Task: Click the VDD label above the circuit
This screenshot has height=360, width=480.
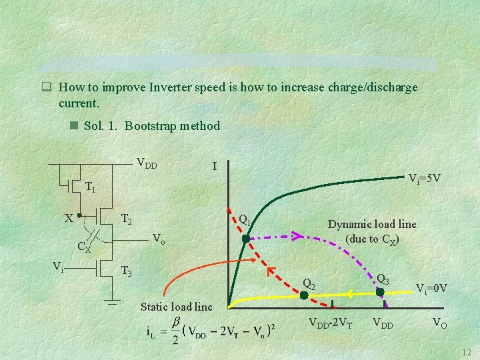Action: coord(147,162)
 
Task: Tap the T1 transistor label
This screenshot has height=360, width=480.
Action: coord(90,187)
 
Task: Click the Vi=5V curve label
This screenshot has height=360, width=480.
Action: coord(424,178)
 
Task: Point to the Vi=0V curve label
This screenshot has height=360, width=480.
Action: coord(431,288)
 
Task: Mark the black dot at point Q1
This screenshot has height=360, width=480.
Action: coord(245,237)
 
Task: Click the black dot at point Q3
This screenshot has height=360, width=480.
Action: coord(380,291)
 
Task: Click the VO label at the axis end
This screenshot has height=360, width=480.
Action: coord(440,325)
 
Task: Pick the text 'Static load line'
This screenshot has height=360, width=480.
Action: coord(177,307)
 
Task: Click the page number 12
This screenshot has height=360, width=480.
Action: coord(466,351)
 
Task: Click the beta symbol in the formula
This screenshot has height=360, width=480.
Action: coord(176,322)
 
